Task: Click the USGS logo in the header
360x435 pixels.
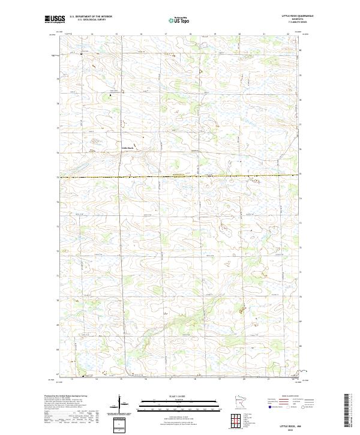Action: (55, 19)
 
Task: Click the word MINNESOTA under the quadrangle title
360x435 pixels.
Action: (298, 19)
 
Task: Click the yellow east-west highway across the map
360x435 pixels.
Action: (180, 176)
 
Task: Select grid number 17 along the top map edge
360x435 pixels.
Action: (166, 34)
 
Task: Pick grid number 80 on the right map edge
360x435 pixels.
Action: (301, 50)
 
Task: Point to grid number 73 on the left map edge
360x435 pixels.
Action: (58, 226)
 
